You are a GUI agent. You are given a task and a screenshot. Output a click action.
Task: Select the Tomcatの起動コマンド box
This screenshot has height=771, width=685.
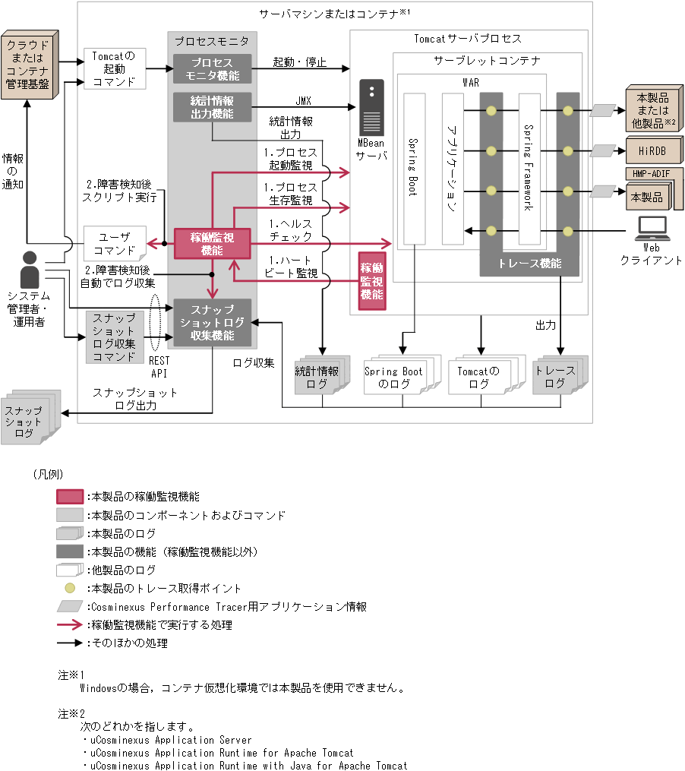pyautogui.click(x=114, y=68)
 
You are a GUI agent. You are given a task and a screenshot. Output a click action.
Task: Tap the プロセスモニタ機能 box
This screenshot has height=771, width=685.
pyautogui.click(x=212, y=68)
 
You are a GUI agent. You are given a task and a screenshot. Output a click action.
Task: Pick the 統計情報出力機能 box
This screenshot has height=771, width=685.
pyautogui.click(x=212, y=107)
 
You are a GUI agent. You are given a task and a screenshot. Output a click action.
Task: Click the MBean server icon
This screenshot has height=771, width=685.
pyautogui.click(x=371, y=107)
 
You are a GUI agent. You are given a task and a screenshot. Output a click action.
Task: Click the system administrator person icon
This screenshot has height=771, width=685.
pyautogui.click(x=30, y=268)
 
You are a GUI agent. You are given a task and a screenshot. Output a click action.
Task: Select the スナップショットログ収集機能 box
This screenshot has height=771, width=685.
pyautogui.click(x=212, y=322)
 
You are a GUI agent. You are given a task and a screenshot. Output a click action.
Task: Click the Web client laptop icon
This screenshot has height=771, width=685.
pyautogui.click(x=651, y=226)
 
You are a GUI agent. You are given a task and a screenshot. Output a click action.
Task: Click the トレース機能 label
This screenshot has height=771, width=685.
pyautogui.click(x=530, y=264)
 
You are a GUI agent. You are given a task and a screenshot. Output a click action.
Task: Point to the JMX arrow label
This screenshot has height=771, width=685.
pyautogui.click(x=303, y=100)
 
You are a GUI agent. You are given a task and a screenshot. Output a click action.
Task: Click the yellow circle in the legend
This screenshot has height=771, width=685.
pyautogui.click(x=70, y=588)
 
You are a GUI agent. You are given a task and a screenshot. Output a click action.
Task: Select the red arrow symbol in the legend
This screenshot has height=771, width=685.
pyautogui.click(x=70, y=625)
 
